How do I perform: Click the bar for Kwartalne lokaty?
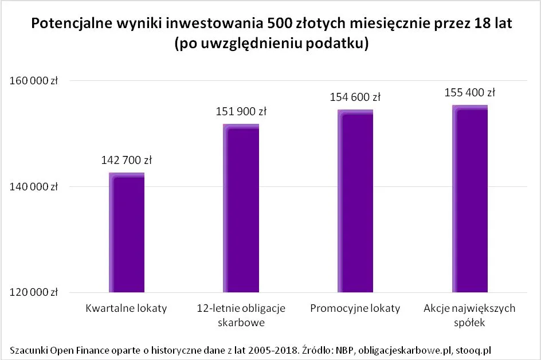point(126,233)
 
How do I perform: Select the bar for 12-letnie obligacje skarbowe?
point(241,209)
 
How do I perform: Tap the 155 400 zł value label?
point(470,92)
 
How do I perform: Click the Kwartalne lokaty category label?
point(126,308)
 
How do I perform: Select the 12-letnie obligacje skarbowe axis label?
point(241,315)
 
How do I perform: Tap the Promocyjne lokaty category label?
point(355,308)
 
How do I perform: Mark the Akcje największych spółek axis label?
point(470,315)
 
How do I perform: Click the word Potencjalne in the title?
point(66,24)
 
